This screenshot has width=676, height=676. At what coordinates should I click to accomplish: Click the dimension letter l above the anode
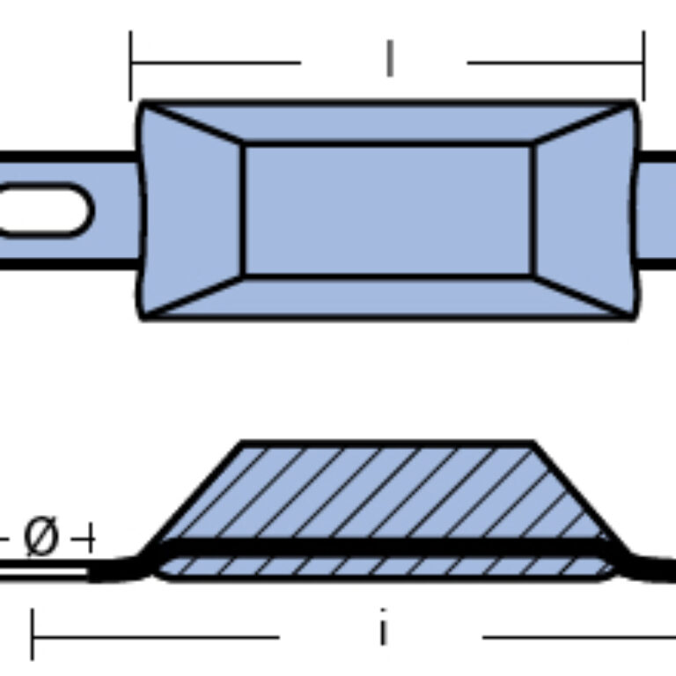click(x=390, y=59)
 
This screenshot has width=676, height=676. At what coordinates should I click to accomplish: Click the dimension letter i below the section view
click(x=383, y=627)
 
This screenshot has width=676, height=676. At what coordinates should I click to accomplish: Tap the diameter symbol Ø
click(x=40, y=536)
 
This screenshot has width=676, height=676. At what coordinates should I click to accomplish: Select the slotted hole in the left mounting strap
click(x=45, y=210)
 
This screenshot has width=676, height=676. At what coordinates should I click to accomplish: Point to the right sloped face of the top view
click(x=584, y=210)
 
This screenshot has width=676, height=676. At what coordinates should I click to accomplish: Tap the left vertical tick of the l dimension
click(x=130, y=65)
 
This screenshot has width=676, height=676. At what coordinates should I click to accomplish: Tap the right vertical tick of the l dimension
click(x=644, y=65)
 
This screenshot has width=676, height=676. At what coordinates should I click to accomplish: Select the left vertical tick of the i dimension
click(x=33, y=634)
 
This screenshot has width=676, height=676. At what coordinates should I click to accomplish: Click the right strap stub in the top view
click(x=656, y=210)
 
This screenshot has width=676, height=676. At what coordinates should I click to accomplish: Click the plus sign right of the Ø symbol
click(x=84, y=539)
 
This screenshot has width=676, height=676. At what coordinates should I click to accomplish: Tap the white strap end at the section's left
click(x=44, y=572)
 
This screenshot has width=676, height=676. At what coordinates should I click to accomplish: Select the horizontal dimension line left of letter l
click(x=216, y=63)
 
